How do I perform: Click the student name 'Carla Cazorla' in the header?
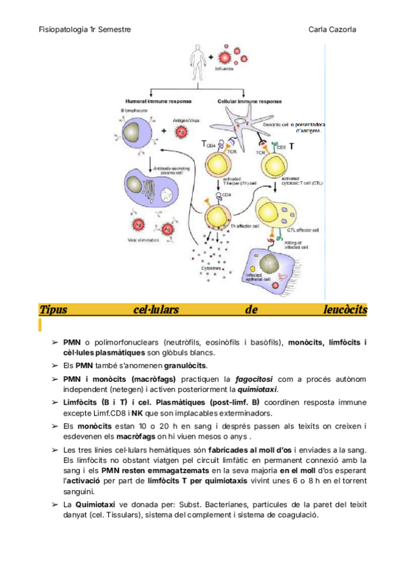[x=333, y=30]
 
